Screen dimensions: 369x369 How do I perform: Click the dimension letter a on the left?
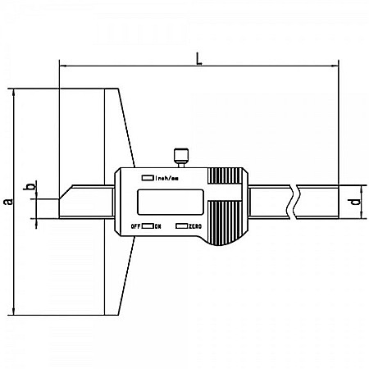point(7,201)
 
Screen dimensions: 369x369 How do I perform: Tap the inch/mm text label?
point(166,176)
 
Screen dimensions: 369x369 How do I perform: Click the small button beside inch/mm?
point(147,176)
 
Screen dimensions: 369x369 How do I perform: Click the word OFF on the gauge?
point(134,225)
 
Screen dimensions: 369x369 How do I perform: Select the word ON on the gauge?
point(158,225)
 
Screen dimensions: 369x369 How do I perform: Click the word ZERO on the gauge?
point(194,225)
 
